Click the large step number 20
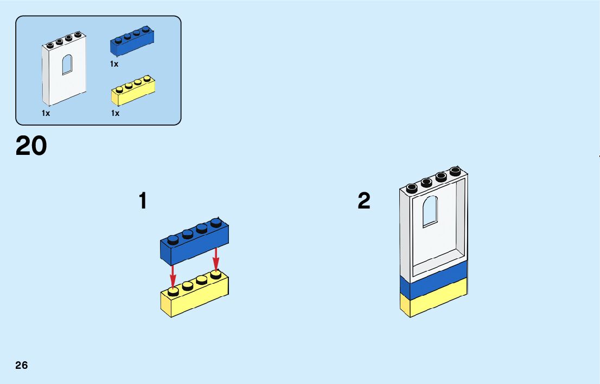[x=31, y=146]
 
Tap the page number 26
[x=22, y=365]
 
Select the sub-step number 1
[x=143, y=201]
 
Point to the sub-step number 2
[x=364, y=201]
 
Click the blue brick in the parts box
[x=132, y=43]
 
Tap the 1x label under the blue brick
[x=114, y=64]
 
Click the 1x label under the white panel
[x=46, y=113]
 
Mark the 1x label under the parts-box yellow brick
[x=115, y=113]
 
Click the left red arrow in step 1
[x=173, y=275]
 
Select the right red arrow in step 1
[x=216, y=258]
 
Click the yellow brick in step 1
[x=194, y=297]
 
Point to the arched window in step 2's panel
[x=430, y=211]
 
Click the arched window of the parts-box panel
[x=67, y=64]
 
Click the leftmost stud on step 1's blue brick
[x=173, y=239]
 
